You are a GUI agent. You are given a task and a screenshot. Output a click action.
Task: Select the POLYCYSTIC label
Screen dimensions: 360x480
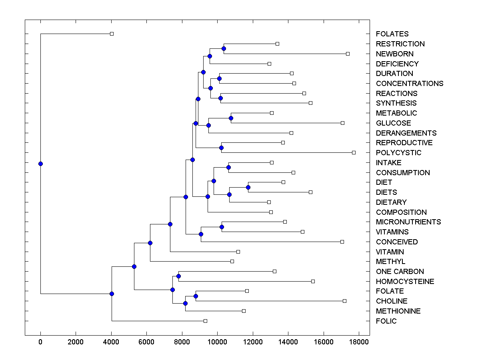point(398,153)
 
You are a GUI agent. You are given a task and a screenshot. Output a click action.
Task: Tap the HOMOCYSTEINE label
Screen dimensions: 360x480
point(405,282)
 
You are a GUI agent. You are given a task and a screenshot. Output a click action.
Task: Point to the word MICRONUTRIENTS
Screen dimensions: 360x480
point(408,222)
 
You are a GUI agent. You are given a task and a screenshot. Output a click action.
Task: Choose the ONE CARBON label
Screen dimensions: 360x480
point(400,272)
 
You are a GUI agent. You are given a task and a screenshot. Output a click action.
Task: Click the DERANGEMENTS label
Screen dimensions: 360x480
point(406,133)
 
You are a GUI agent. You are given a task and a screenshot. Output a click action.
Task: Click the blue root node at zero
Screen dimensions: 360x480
point(40,164)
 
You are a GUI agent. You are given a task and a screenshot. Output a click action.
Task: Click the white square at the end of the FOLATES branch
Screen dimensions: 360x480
point(112,34)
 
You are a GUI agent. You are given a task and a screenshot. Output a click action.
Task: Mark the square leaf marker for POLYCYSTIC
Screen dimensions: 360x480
point(354,152)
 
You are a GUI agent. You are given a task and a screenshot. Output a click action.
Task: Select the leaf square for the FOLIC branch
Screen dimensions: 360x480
point(205,321)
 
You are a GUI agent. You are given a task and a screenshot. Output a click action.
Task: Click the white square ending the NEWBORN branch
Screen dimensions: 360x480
point(348,54)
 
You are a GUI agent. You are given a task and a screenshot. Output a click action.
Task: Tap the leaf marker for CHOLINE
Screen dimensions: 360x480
point(344,301)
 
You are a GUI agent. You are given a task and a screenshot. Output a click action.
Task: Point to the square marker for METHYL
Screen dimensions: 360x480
point(232,261)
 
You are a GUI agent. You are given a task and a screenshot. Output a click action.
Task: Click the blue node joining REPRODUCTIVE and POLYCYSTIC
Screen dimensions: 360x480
point(222,148)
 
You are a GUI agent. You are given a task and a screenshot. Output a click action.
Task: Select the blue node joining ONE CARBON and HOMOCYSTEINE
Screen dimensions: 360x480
point(178,276)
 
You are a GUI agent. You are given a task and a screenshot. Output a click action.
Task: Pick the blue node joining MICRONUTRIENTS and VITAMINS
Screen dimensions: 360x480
point(222,227)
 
